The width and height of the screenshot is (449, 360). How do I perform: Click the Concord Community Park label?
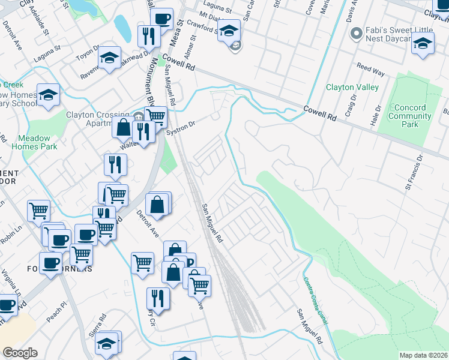coord(410,116)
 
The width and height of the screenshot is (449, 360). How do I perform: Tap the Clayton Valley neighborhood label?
coord(352,87)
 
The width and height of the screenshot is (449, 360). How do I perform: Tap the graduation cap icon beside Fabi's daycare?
coord(423,43)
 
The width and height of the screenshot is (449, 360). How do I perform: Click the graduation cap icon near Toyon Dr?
coord(109,58)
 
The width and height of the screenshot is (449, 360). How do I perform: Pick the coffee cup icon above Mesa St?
coord(161,19)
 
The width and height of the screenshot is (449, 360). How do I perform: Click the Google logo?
coord(19,352)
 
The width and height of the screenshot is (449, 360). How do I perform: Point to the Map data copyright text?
coord(423,355)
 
